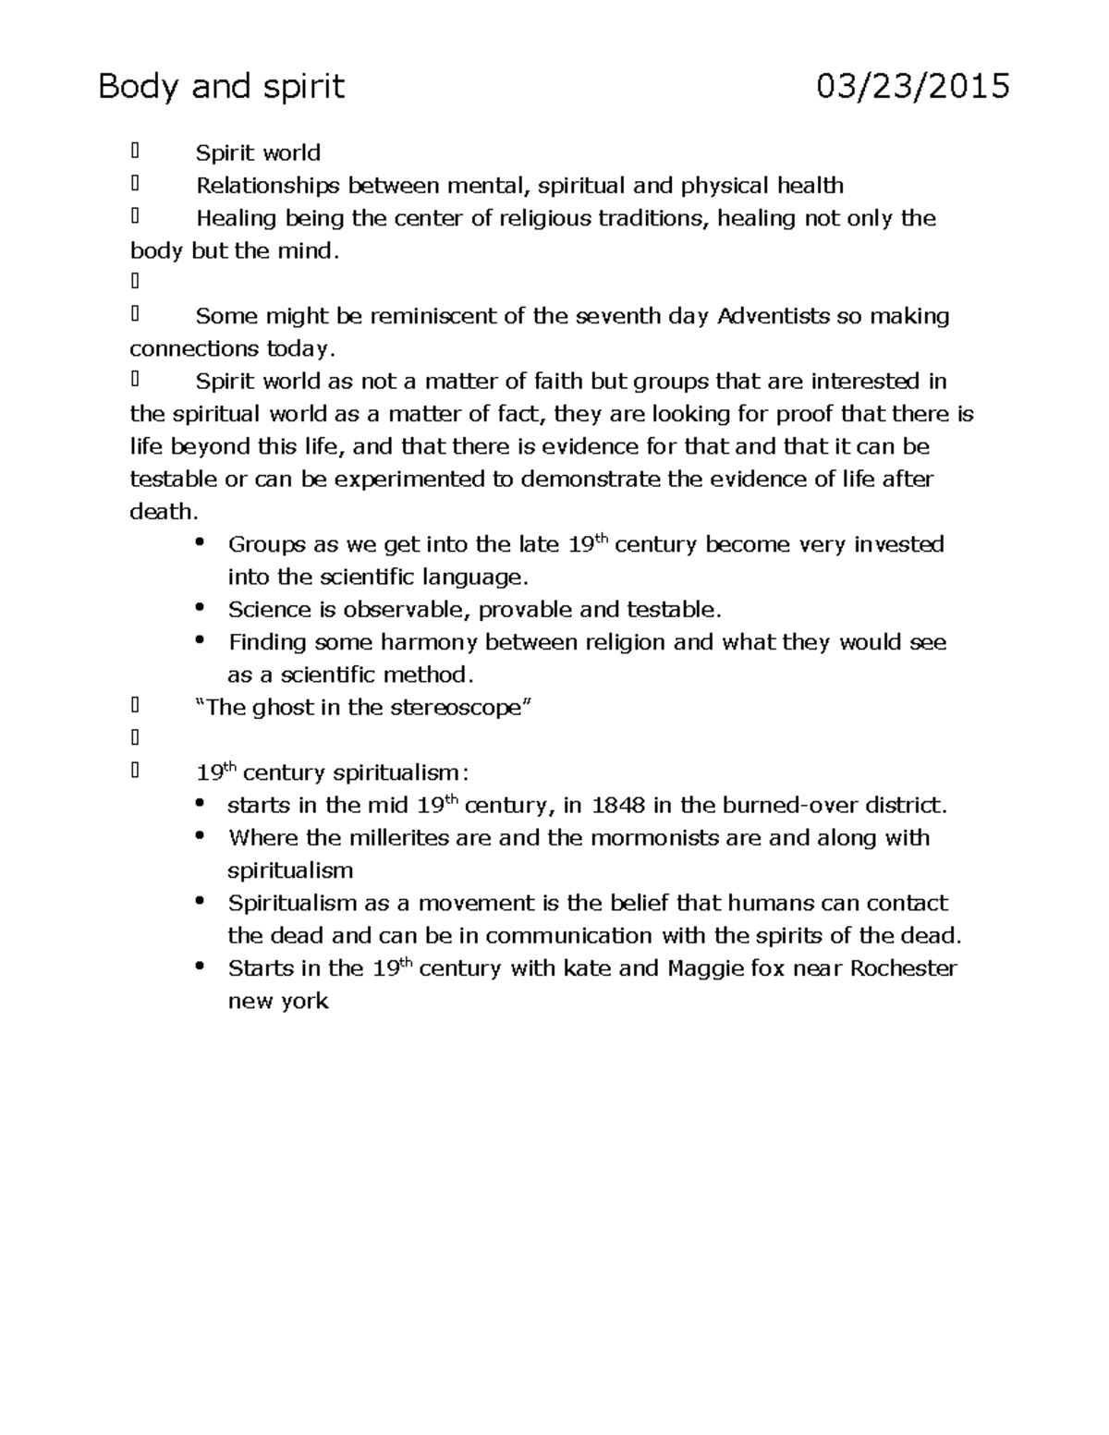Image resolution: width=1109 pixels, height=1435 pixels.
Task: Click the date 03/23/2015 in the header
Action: point(912,87)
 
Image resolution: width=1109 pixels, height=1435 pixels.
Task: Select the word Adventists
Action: point(774,316)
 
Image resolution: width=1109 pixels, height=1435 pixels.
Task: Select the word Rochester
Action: point(903,968)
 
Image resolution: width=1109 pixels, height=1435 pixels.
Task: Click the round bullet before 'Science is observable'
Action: point(200,608)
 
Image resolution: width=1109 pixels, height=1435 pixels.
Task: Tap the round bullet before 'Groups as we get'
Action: point(200,542)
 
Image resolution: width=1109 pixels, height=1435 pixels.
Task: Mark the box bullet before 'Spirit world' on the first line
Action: point(135,152)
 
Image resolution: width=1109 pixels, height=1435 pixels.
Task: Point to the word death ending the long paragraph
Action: point(162,512)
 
